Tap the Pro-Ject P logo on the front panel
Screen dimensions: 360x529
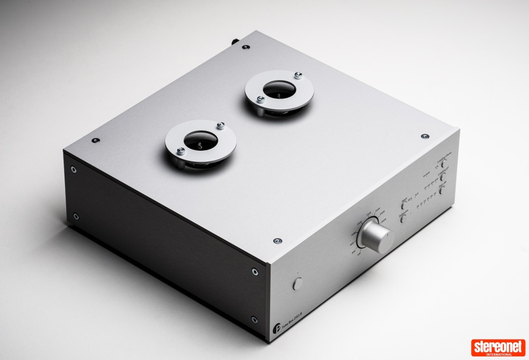point(272,327)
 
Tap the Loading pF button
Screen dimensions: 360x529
point(443,177)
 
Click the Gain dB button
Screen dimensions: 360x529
point(443,190)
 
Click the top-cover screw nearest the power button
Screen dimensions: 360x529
point(277,241)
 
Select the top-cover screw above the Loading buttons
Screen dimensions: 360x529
point(424,135)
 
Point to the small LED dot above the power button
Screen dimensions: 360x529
point(298,272)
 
